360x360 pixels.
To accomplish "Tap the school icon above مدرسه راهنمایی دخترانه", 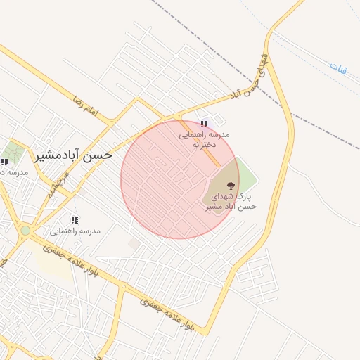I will [x=204, y=124].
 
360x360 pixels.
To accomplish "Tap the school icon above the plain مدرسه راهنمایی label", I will [x=75, y=220].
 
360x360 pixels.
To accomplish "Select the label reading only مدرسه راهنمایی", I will [x=75, y=231].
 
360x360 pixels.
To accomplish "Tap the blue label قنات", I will [x=338, y=69].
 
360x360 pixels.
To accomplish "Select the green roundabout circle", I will [x=25, y=230].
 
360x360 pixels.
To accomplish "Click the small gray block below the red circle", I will [x=134, y=243].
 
